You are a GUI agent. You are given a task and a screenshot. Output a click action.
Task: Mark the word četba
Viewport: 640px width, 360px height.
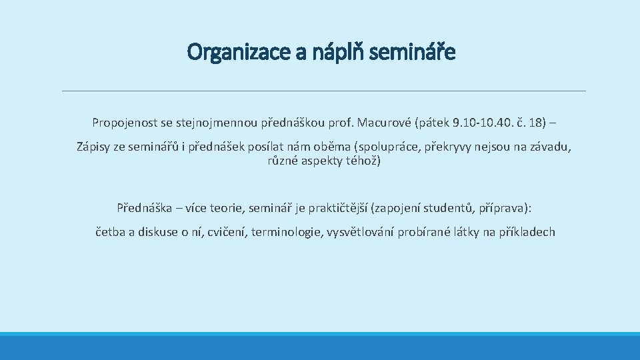coord(112,232)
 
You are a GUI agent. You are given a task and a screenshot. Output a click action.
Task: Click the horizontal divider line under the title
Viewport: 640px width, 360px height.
coord(323,91)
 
